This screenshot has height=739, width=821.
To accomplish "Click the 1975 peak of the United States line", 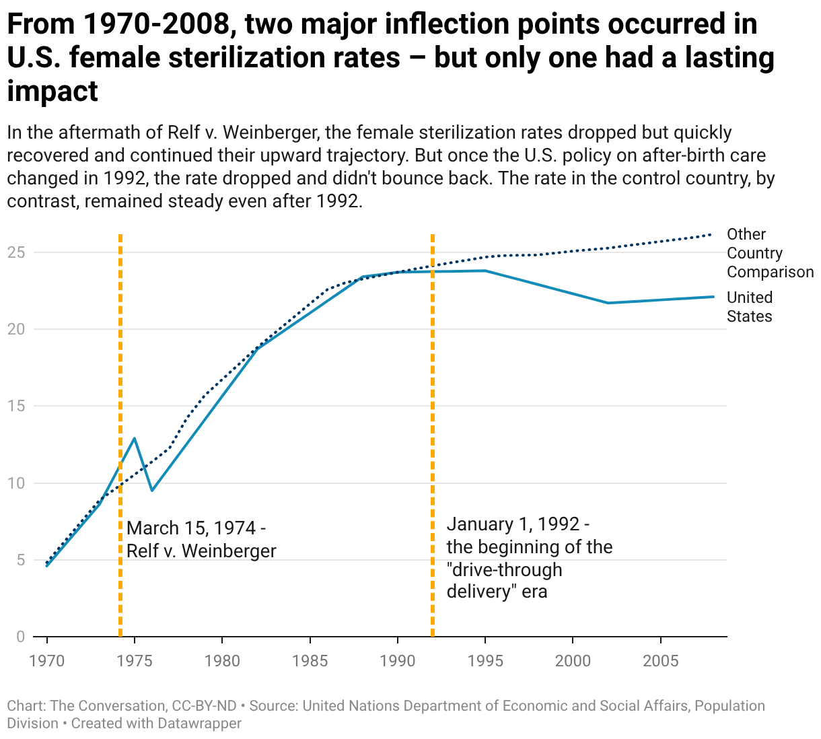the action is coord(134,439).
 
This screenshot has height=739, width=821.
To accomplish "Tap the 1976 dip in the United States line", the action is coord(152,490).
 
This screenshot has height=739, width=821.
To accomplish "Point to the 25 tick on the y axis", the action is coord(16,252).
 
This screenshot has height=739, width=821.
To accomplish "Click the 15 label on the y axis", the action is coord(16,406).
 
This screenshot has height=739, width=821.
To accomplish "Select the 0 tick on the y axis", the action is coord(20,637).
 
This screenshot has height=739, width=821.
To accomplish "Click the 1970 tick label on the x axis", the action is coord(47,661).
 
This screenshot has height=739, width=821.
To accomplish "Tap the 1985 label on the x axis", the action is coord(310,661).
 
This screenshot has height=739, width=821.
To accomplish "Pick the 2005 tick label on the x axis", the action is coord(661,661).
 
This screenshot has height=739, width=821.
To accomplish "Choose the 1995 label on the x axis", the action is coord(485,661).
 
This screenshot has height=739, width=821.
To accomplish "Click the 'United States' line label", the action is coord(750,307).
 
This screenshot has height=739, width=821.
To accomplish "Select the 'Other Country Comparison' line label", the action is coord(770,254).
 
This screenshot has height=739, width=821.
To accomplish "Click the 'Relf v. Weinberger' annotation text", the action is coord(201,551).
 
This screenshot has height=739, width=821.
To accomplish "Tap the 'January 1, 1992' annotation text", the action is coord(518,524).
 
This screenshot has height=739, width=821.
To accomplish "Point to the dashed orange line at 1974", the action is coord(120,435).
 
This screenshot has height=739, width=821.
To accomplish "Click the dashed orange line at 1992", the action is coord(433,435).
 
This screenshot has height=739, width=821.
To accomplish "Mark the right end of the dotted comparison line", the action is coord(711,235).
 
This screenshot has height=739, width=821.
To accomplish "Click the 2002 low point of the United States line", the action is coord(608,303).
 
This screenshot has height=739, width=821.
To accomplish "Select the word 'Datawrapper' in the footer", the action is coord(199,724).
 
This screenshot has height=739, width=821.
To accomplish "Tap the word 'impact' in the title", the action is coord(52,91).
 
